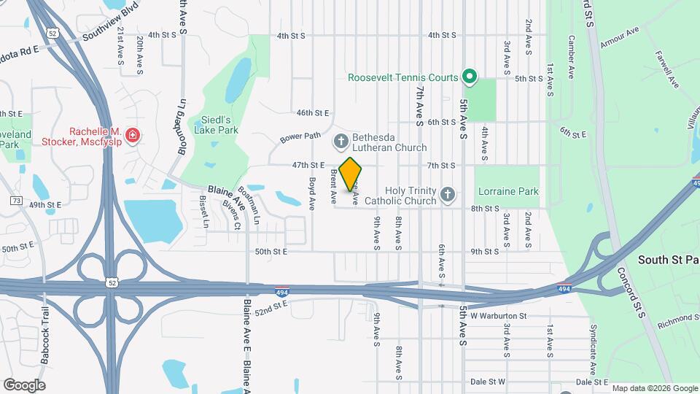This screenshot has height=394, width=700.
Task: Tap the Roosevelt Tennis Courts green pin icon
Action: point(470,76)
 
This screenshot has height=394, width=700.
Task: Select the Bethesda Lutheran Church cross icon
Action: point(341,141)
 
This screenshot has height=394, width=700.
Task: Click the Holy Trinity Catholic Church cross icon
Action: point(448,194)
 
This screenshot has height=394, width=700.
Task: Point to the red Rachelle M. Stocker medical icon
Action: point(132,135)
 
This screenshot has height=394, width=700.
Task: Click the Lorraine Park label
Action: point(508,192)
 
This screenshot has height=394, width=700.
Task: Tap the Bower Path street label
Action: point(300,136)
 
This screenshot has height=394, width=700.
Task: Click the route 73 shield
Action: point(16,200)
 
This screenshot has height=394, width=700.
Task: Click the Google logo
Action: point(24,385)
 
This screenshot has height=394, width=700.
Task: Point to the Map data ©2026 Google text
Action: point(653,388)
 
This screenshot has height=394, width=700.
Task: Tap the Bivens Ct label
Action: point(232,215)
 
